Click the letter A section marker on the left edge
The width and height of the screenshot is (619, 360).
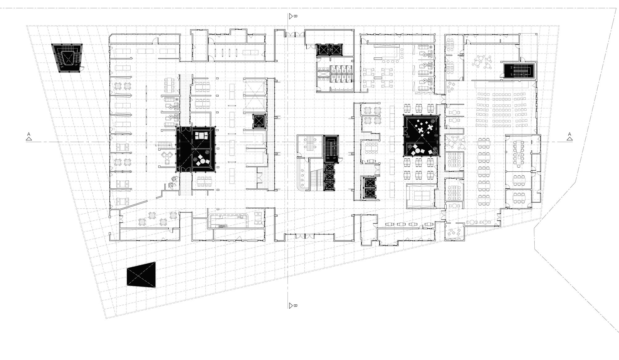pyautogui.click(x=29, y=134)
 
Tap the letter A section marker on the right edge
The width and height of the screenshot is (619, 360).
pyautogui.click(x=570, y=134)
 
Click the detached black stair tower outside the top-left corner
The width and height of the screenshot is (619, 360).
pyautogui.click(x=67, y=58)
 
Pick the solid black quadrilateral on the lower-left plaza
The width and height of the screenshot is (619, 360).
pyautogui.click(x=141, y=274)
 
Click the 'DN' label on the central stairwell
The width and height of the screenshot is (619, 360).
pyautogui.click(x=328, y=158)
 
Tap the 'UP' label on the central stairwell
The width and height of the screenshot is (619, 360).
pyautogui.click(x=334, y=158)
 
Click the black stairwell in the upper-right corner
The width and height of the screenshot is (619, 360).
pyautogui.click(x=518, y=71)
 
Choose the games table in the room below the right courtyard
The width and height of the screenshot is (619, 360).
pyautogui.click(x=421, y=196)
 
